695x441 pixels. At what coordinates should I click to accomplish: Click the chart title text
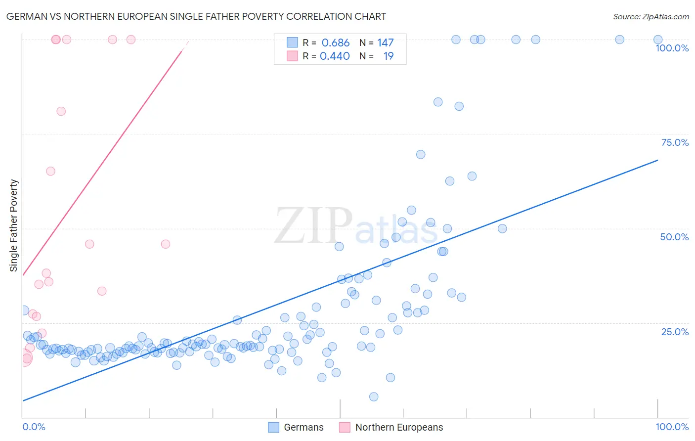tap(196, 16)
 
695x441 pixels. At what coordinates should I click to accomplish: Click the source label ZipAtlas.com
tap(651, 16)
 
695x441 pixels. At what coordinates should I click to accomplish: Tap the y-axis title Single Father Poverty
tap(14, 225)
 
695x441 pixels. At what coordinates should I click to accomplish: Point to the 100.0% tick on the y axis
tap(672, 48)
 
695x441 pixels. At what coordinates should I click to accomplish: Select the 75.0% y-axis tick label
tap(675, 142)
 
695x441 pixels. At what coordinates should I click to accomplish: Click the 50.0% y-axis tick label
tap(674, 237)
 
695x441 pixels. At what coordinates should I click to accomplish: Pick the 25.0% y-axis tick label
tap(675, 331)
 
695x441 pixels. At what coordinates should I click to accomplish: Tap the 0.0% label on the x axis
tap(34, 427)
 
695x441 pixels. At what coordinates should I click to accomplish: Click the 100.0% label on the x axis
tap(672, 427)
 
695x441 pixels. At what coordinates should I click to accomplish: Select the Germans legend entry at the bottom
tap(296, 427)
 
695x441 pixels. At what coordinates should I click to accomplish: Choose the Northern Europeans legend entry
tap(391, 427)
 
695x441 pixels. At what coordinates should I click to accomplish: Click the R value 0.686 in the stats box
tap(335, 43)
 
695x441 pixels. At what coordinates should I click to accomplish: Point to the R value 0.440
tap(335, 56)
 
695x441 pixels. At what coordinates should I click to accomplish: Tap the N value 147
tap(386, 43)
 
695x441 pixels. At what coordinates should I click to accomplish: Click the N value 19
tap(389, 56)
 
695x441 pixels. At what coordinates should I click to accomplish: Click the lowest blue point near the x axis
tap(374, 397)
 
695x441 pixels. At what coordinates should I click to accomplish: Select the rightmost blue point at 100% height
tap(658, 40)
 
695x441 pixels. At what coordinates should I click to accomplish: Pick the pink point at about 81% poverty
tap(61, 111)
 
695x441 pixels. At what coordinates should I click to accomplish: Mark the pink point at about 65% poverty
tap(50, 171)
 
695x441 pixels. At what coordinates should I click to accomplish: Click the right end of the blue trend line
tap(657, 160)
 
